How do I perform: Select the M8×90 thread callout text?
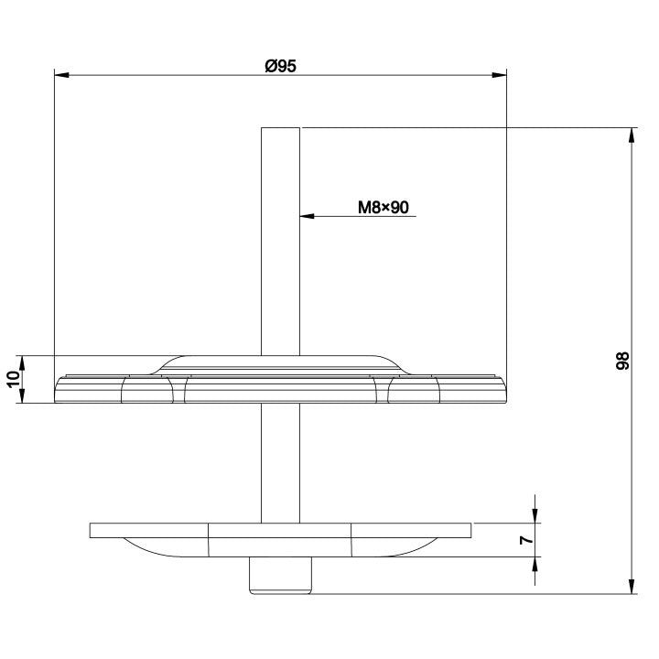click(383, 208)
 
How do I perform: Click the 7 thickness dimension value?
click(525, 540)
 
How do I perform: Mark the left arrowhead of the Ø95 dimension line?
click(60, 76)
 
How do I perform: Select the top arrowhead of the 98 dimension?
click(631, 135)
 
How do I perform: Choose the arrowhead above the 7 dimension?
click(535, 516)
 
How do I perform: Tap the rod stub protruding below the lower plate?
click(280, 576)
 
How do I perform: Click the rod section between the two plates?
click(280, 462)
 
